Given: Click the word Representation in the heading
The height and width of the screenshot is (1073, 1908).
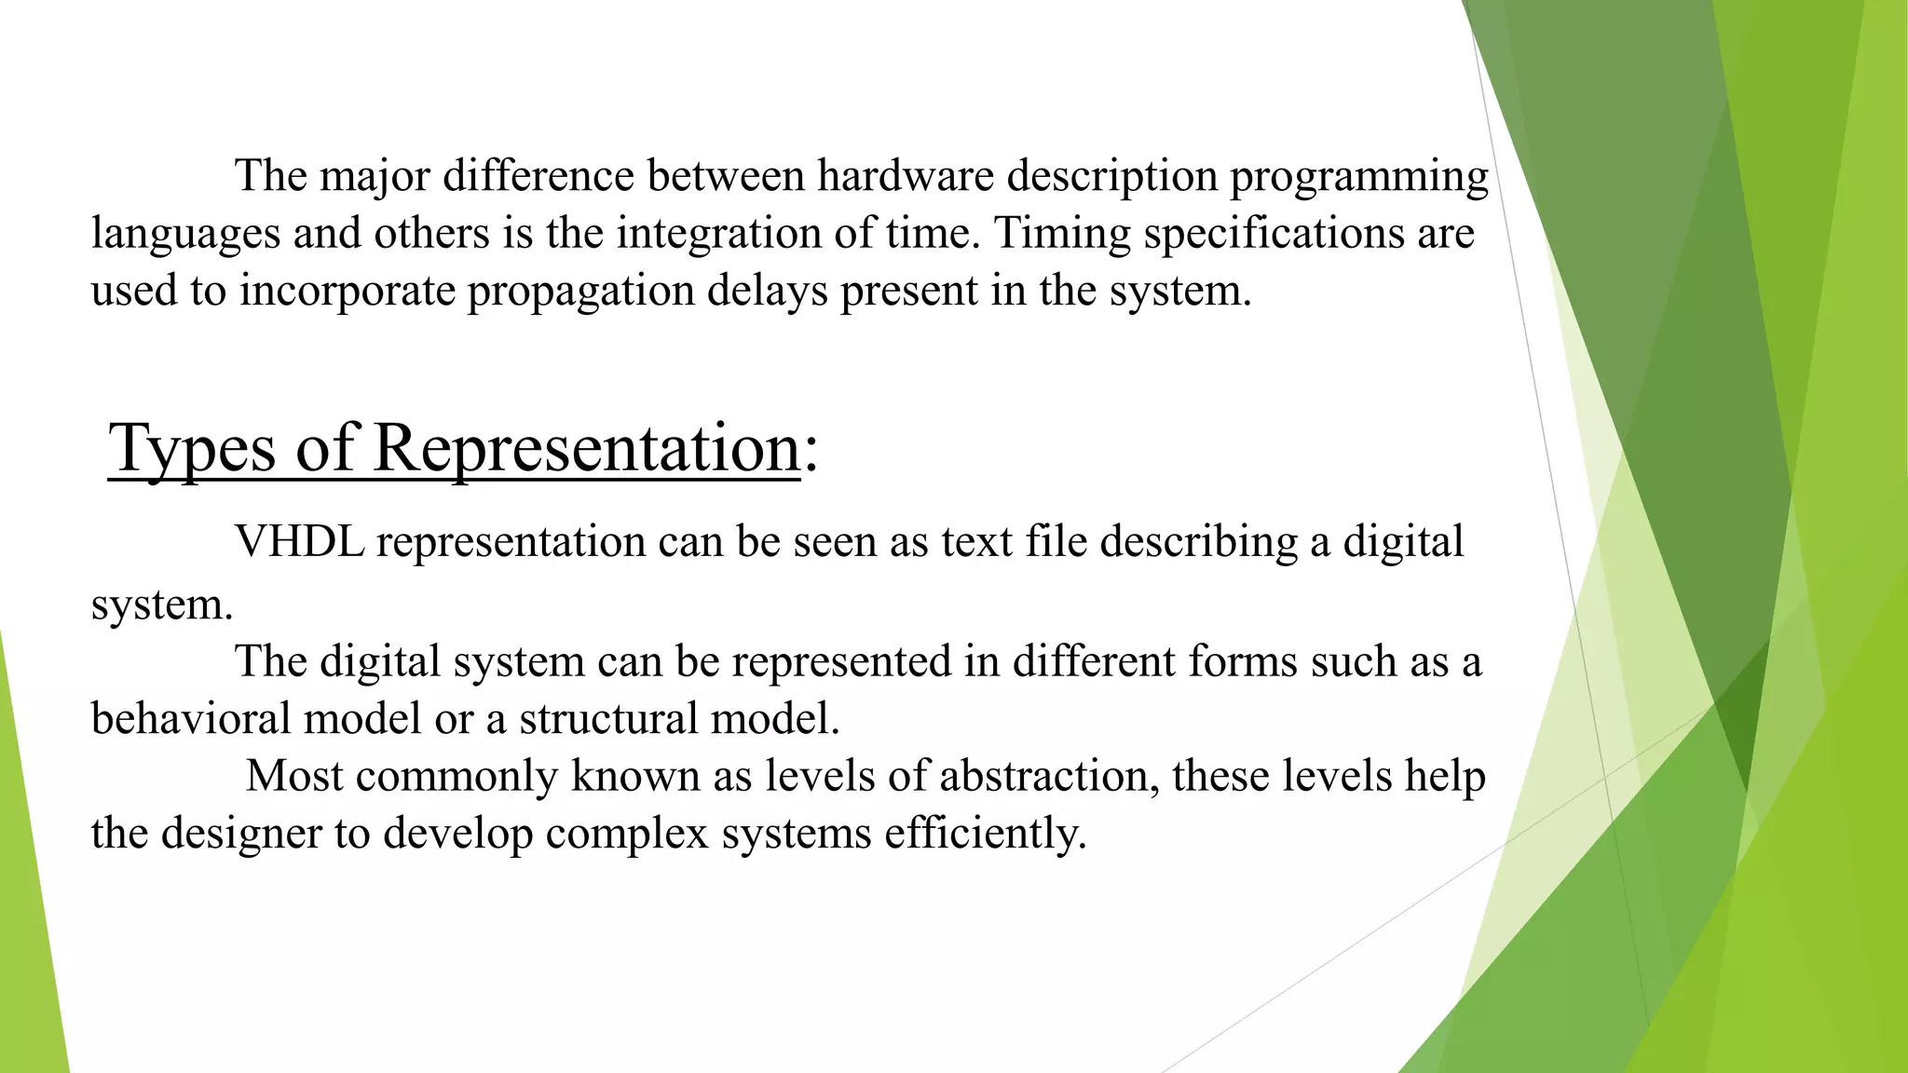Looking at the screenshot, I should pos(587,449).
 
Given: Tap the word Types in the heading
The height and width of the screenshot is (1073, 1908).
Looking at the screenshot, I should pos(192,449).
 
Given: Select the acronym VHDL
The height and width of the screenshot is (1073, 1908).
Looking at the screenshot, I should pos(299,541).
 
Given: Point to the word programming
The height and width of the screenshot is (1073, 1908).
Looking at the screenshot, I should pos(1358,177).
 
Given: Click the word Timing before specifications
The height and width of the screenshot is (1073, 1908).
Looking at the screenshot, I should pos(1062,233).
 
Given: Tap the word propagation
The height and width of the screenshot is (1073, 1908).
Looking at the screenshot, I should pos(581,291).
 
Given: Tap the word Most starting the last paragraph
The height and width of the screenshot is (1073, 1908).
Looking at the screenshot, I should pos(294,775).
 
